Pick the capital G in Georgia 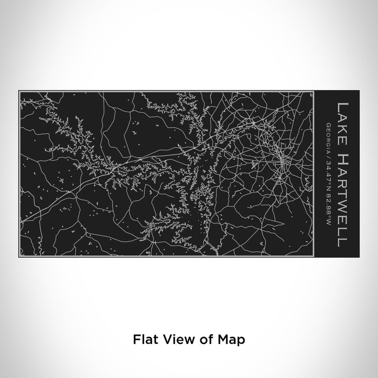click(x=329, y=125)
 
